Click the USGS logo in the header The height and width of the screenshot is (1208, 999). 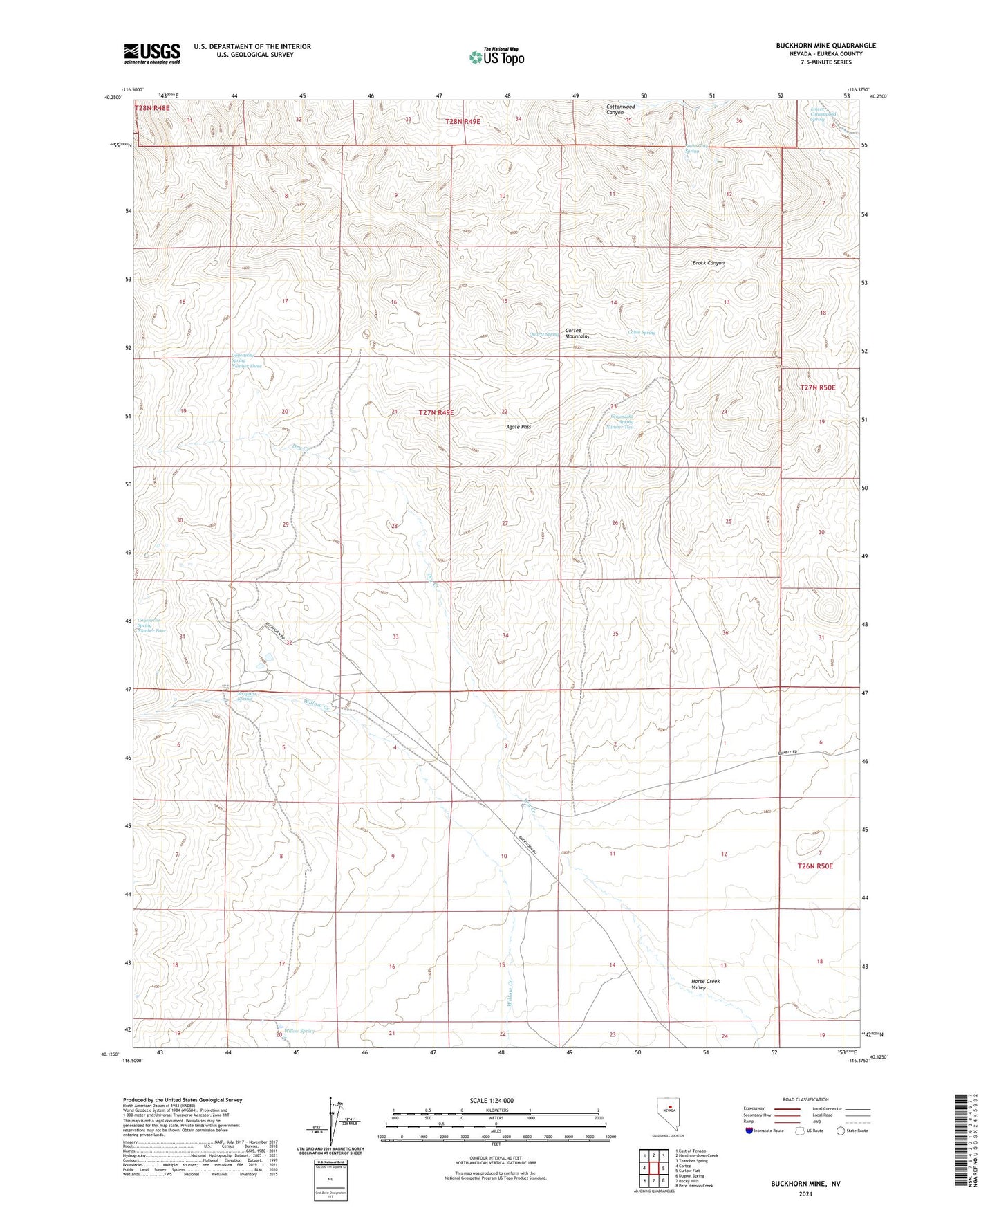(152, 53)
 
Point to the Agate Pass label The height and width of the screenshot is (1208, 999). (518, 427)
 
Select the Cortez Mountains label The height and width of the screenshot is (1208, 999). (577, 333)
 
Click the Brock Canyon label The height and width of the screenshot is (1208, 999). (709, 263)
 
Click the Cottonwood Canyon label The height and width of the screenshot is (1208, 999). (620, 110)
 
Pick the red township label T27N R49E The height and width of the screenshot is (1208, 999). (436, 412)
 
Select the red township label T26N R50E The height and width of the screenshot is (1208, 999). (815, 866)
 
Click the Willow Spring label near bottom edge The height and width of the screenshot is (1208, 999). (298, 1031)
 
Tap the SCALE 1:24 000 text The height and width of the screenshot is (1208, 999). (495, 1100)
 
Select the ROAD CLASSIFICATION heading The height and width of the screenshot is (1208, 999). (805, 1099)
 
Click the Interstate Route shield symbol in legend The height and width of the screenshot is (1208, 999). (749, 1130)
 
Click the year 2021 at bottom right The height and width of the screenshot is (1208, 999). (805, 1194)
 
